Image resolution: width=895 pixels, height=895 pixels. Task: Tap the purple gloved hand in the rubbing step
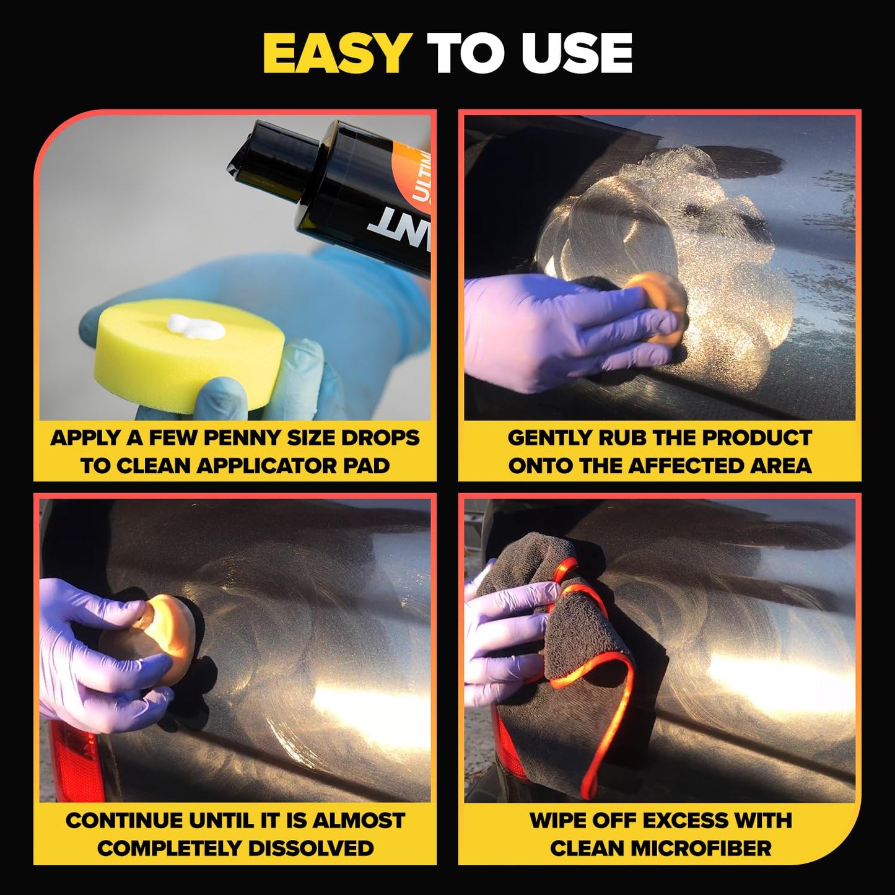pyautogui.click(x=557, y=328)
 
